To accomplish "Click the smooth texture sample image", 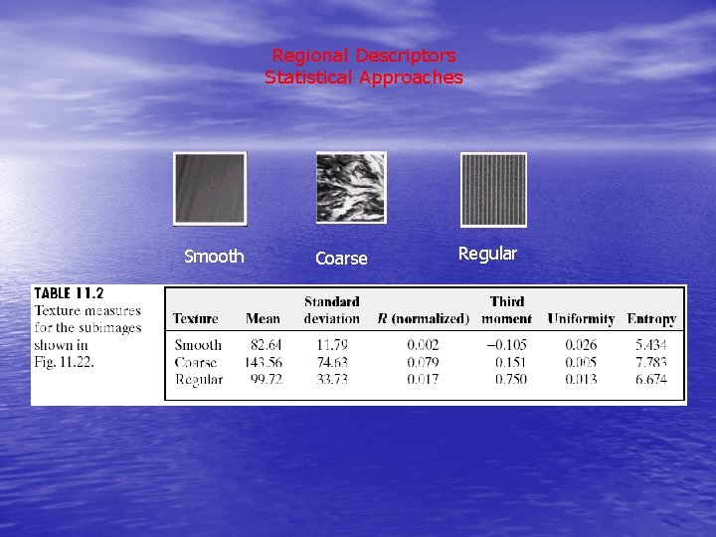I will pos(209,188).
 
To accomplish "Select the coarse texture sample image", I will pos(350,187).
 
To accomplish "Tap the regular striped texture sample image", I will pos(493,189).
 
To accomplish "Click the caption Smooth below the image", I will pos(214,257).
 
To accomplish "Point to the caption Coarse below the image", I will pos(341,259).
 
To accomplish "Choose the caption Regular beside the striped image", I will pos(487,254).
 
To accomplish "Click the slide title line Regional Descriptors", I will pos(364,56).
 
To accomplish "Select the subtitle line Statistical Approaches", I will pos(364,78).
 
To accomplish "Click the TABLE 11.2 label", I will pos(69,293).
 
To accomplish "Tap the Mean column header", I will pos(263,319).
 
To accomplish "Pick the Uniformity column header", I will pos(580,319).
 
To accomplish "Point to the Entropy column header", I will pos(651,319).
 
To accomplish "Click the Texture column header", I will pos(196,319).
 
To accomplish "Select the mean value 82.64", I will pos(264,345).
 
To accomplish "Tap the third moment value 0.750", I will pos(511,379).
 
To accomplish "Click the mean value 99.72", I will pos(264,379).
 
